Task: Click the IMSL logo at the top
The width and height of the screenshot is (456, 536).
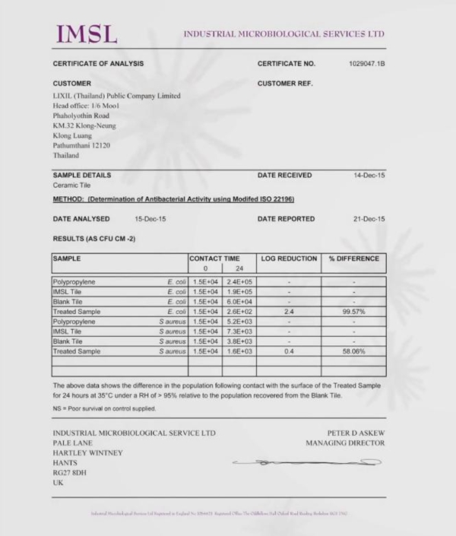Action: tap(87, 34)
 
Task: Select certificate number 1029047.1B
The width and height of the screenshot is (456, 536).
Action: tap(367, 63)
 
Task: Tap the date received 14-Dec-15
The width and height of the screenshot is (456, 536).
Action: tap(369, 175)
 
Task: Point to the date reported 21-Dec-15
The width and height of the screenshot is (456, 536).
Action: tap(369, 219)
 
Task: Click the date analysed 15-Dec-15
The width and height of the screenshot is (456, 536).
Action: tap(150, 219)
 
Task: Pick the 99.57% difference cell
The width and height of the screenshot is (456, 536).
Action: tap(353, 312)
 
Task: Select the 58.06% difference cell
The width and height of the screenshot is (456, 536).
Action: tap(353, 351)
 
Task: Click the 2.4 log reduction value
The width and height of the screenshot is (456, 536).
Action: tap(289, 312)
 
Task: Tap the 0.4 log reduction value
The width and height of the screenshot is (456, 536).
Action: tap(289, 351)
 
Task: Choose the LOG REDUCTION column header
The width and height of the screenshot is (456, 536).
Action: tap(289, 258)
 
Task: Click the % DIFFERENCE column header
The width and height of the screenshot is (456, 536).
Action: tap(353, 258)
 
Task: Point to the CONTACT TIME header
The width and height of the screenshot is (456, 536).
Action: tap(214, 258)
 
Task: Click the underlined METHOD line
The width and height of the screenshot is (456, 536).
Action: tap(173, 199)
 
